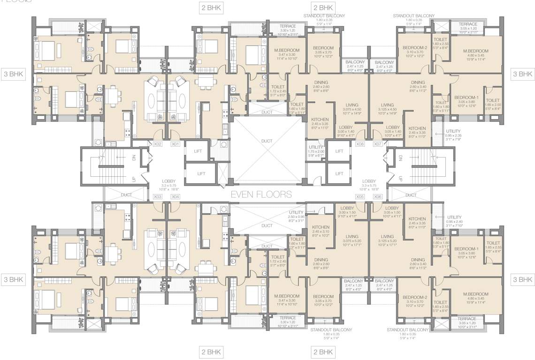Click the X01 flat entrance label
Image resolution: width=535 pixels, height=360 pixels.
click(x=176, y=144)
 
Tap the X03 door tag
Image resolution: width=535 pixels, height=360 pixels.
click(x=158, y=196)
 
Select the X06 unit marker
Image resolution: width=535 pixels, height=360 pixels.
click(x=378, y=196)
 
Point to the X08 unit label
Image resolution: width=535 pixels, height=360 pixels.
click(x=360, y=144)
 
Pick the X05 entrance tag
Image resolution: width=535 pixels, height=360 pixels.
click(x=360, y=196)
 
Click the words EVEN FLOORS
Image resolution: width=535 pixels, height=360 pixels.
click(x=261, y=194)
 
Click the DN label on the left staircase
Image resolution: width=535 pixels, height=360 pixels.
click(x=134, y=158)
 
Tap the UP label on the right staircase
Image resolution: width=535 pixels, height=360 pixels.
click(x=400, y=179)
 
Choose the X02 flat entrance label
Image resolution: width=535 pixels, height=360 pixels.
click(x=158, y=144)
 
